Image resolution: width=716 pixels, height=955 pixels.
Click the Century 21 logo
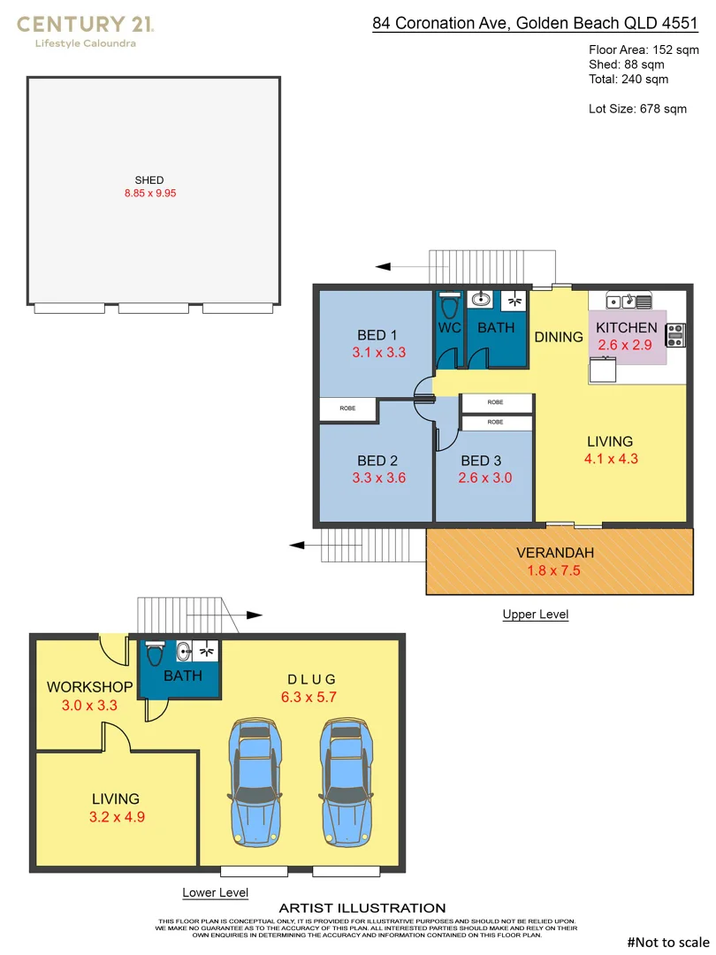pyautogui.click(x=85, y=30)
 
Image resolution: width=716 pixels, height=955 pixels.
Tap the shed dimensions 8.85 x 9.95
pyautogui.click(x=149, y=194)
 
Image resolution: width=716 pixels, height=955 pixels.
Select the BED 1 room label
pyautogui.click(x=377, y=335)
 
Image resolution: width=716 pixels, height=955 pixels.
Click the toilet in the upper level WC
pyautogui.click(x=449, y=308)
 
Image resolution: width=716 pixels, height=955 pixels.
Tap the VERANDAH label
pyautogui.click(x=555, y=554)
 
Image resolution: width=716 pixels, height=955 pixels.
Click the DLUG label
pyautogui.click(x=311, y=679)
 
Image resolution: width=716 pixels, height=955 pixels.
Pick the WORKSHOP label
pyautogui.click(x=89, y=687)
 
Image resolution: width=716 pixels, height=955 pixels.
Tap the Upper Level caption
pyautogui.click(x=535, y=615)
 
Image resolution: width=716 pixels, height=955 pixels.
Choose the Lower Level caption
pyautogui.click(x=215, y=893)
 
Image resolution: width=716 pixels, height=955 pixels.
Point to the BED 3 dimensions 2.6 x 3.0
pyautogui.click(x=485, y=478)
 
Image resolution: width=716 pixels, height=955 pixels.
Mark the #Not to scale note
pyautogui.click(x=667, y=942)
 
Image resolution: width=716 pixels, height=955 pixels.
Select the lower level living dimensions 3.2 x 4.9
pyautogui.click(x=117, y=817)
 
